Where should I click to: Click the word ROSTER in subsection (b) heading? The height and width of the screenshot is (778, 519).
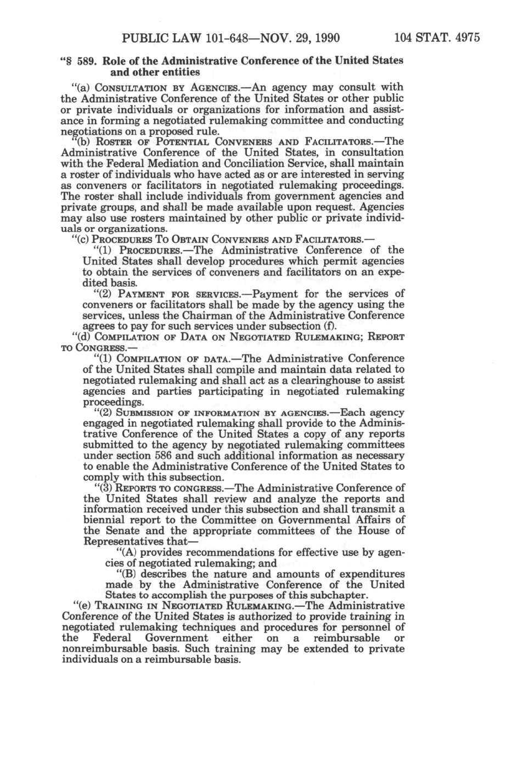tap(110, 142)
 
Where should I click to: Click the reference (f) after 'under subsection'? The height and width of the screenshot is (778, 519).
tap(329, 326)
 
